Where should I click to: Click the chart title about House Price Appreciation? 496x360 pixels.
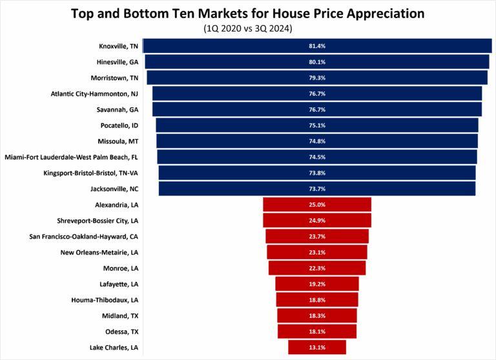[248, 13]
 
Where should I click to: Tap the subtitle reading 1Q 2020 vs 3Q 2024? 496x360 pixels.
[248, 28]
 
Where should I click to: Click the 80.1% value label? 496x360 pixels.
[317, 62]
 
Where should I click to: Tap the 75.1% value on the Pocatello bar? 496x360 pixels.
[317, 125]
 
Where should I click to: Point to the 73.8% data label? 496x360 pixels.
[317, 173]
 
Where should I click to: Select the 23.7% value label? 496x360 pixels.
[317, 236]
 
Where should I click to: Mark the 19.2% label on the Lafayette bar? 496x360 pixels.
[317, 284]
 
